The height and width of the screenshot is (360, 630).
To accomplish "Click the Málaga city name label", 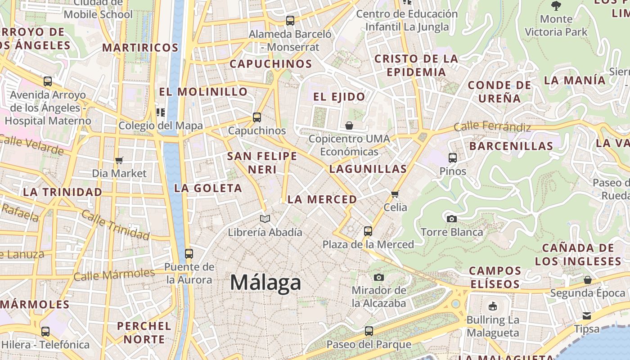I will click(x=265, y=283).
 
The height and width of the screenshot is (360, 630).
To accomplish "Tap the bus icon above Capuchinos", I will click(x=257, y=117).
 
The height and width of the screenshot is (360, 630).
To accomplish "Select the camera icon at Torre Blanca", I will click(x=452, y=219).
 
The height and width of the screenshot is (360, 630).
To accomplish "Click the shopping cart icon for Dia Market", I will click(x=119, y=160).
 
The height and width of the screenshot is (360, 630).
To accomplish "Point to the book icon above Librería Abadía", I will click(x=265, y=219).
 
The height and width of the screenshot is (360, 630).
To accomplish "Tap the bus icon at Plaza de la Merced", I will click(x=368, y=231).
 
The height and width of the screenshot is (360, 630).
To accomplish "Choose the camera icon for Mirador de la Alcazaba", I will click(x=379, y=277).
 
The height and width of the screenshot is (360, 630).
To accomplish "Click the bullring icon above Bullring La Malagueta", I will click(x=493, y=307).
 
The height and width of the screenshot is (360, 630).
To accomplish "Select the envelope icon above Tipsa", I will click(x=587, y=316).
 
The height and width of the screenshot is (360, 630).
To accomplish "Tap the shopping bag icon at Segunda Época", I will click(x=588, y=280).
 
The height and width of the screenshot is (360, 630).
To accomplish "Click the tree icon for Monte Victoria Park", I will click(x=556, y=6).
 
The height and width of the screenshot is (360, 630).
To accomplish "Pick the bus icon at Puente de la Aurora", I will click(x=189, y=253).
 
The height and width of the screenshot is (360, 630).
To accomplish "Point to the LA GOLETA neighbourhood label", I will click(x=208, y=188).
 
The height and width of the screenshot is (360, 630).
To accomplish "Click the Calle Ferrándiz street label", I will click(x=492, y=127).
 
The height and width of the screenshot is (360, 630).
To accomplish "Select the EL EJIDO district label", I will click(x=339, y=97).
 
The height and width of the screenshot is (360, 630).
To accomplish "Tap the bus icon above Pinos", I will click(x=453, y=158).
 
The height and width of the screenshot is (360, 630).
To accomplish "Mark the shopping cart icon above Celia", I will click(x=395, y=194).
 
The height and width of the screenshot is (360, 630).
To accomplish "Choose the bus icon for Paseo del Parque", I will click(x=369, y=331).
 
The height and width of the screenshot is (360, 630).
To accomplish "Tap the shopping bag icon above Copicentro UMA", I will click(x=349, y=126).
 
